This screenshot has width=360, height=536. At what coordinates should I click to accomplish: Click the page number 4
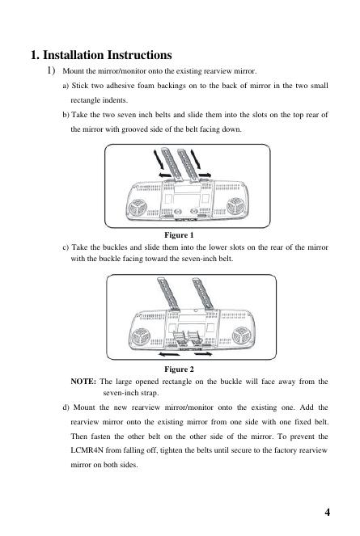click(327, 512)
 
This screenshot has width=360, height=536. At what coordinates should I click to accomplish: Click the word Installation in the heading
click(73, 55)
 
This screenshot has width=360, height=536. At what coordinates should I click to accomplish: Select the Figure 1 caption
click(179, 235)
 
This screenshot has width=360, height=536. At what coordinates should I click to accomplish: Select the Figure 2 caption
click(179, 369)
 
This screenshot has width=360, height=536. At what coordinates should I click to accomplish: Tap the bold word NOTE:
click(83, 382)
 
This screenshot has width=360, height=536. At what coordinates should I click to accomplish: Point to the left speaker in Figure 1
click(138, 208)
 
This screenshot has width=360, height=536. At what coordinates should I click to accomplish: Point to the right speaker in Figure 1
click(235, 206)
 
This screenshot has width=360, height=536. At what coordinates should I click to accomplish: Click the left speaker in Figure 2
click(141, 336)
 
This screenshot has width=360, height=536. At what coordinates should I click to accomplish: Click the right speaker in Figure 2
click(241, 336)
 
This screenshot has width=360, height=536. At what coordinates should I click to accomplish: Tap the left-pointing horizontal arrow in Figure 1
click(166, 175)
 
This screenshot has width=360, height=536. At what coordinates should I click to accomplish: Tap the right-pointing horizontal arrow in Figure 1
click(205, 175)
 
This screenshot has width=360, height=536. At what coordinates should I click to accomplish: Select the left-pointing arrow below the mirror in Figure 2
click(169, 354)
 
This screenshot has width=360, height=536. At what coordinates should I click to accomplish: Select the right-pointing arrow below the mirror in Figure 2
click(202, 354)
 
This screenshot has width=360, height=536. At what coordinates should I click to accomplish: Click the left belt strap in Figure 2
click(168, 293)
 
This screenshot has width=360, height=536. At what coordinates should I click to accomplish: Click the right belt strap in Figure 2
click(203, 293)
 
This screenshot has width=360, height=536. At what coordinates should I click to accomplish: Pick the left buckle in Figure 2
click(180, 338)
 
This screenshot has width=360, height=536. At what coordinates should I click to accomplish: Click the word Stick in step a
click(79, 86)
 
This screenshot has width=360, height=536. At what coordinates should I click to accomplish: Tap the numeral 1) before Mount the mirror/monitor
click(51, 70)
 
